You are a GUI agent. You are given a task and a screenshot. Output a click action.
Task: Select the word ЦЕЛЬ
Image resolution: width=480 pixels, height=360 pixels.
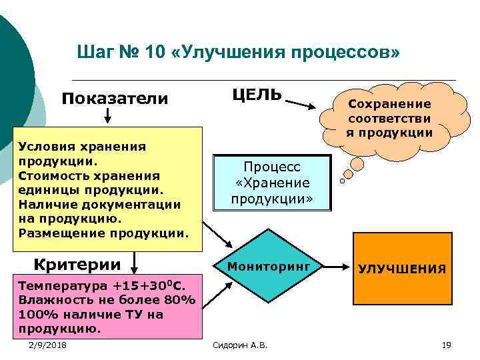click(257, 94)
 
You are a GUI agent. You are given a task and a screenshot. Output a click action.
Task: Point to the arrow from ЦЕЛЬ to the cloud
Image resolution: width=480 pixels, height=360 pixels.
click(304, 104)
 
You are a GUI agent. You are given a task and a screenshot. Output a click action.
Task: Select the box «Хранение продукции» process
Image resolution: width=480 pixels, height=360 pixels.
click(271, 183)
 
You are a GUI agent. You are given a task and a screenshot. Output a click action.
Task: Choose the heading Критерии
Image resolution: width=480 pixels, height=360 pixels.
click(77, 264)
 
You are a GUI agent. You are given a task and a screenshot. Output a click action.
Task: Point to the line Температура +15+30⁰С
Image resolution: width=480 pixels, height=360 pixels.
click(100, 285)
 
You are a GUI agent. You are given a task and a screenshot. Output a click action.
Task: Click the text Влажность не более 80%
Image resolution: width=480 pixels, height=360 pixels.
click(107, 299)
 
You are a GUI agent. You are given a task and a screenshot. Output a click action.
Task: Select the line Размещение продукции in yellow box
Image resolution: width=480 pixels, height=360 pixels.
click(103, 233)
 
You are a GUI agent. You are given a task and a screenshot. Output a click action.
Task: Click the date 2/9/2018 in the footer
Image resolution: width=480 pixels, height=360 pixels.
click(47, 344)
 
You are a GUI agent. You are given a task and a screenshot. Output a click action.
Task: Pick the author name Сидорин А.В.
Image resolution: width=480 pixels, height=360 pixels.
click(239, 345)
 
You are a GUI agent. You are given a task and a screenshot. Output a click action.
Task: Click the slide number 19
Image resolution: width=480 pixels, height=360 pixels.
click(446, 344)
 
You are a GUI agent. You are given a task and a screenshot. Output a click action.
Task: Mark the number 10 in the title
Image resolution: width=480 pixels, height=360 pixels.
click(151, 51)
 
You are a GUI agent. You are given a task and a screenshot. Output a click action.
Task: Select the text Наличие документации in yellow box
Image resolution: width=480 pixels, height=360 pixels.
click(100, 203)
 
